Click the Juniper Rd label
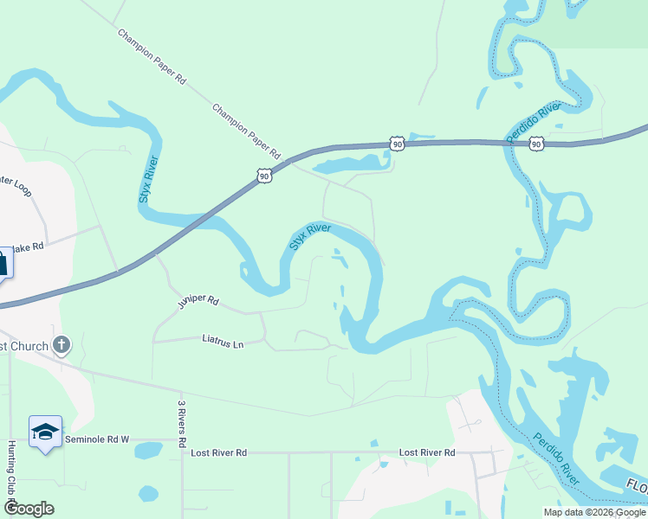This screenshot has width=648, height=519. pyautogui.click(x=198, y=302)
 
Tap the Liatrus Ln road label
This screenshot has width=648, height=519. pyautogui.click(x=224, y=342)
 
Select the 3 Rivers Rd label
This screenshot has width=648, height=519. pyautogui.click(x=182, y=423)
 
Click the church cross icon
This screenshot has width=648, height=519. pyautogui.click(x=61, y=345)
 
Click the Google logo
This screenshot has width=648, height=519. pyautogui.click(x=29, y=509)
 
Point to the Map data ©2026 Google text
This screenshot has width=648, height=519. pyautogui.click(x=595, y=512)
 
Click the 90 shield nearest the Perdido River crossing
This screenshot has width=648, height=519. pyautogui.click(x=537, y=144)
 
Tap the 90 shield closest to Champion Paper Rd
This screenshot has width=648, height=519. pyautogui.click(x=264, y=176)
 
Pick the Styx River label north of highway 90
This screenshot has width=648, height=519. pyautogui.click(x=148, y=180)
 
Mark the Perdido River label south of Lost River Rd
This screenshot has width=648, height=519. pyautogui.click(x=556, y=458)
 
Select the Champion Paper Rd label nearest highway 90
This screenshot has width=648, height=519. pyautogui.click(x=247, y=131)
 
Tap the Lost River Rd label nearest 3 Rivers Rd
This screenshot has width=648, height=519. pyautogui.click(x=219, y=452)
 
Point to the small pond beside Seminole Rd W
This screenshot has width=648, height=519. pyautogui.click(x=148, y=451)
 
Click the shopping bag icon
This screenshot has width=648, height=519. pyautogui.click(x=3, y=262)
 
